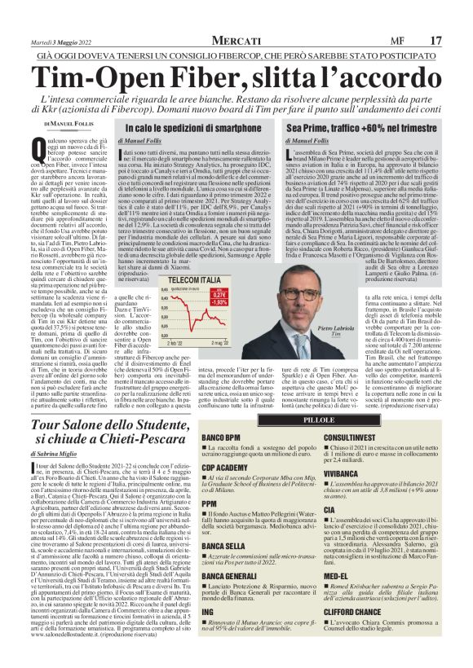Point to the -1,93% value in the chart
(219, 303)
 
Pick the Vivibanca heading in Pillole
(345, 471)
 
